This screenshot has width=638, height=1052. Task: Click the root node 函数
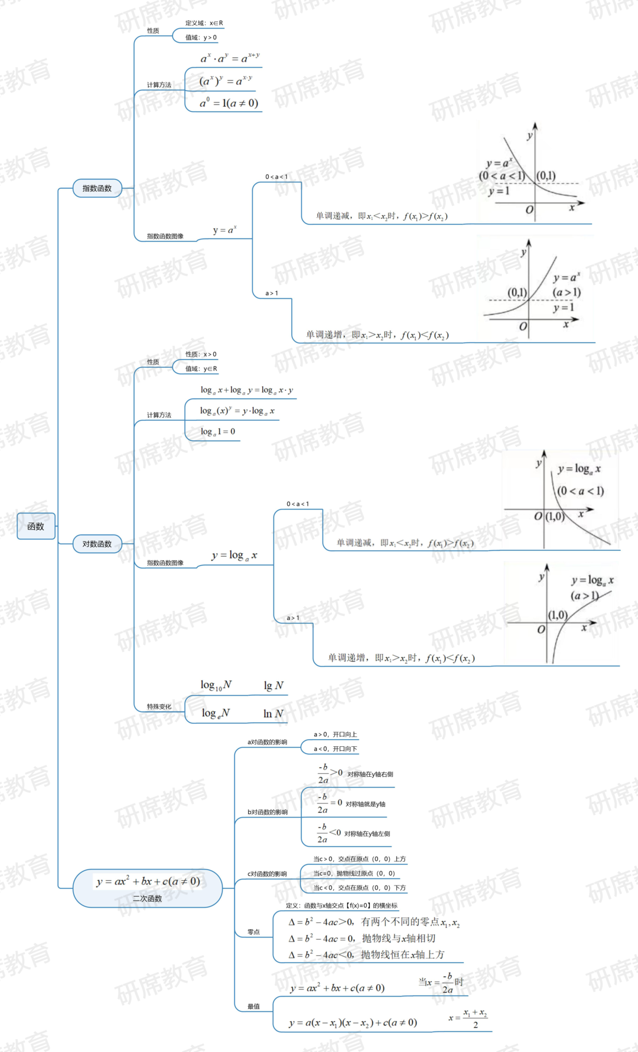pos(36,526)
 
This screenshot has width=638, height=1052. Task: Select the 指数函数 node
pos(97,188)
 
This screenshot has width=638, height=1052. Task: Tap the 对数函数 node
pos(97,544)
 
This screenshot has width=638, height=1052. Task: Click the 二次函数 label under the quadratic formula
pos(147,899)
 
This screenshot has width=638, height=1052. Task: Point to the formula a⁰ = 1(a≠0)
pos(229,103)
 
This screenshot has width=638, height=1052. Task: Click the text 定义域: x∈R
pos(204,23)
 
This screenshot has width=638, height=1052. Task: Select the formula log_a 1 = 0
pos(217,432)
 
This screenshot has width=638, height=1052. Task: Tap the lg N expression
pos(274,685)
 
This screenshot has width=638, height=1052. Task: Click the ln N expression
pos(273,714)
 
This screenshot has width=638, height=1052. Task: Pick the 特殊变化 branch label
pos(159,707)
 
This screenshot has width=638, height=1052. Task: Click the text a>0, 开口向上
pos(335,734)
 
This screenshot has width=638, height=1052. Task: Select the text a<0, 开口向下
pos(335,749)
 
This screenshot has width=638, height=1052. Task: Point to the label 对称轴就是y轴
pos(365,804)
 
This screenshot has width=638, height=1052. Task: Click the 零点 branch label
pos(253,932)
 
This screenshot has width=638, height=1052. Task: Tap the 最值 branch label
pos(253,1007)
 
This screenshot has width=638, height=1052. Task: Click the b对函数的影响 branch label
pos(267,812)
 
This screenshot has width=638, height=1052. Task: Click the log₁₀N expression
pos(216,685)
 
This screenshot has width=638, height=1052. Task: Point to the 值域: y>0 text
pos(201,38)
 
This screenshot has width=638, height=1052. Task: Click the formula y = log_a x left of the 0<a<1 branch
pos(235,556)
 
